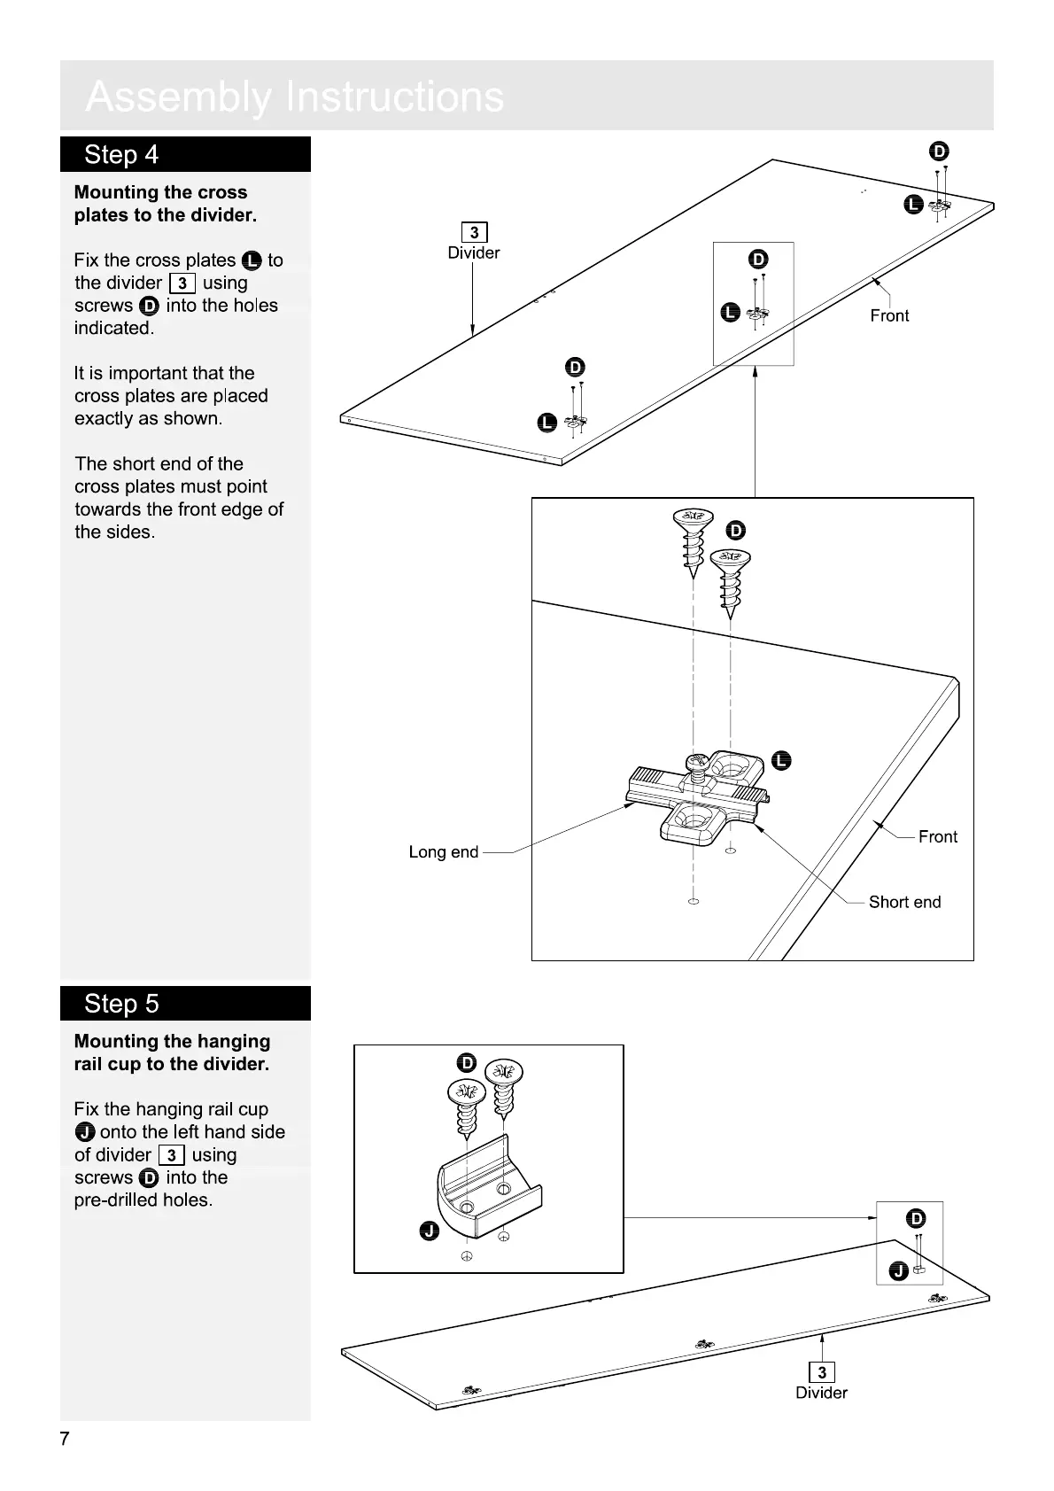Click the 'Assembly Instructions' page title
click(294, 97)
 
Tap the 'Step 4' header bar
click(185, 154)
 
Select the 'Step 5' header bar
click(185, 1003)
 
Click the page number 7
click(65, 1437)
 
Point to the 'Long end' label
click(443, 852)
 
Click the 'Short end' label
click(904, 902)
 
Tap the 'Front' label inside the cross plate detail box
click(937, 836)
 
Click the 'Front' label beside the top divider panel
click(889, 315)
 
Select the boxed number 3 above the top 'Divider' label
click(475, 233)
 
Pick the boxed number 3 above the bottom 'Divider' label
click(822, 1372)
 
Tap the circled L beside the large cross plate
click(781, 761)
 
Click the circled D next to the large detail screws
click(736, 531)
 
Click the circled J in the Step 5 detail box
click(430, 1231)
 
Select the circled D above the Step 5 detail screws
click(467, 1063)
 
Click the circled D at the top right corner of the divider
click(940, 151)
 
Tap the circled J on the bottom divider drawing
click(897, 1272)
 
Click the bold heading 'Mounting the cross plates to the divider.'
click(165, 204)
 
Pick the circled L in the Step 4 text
click(252, 260)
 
